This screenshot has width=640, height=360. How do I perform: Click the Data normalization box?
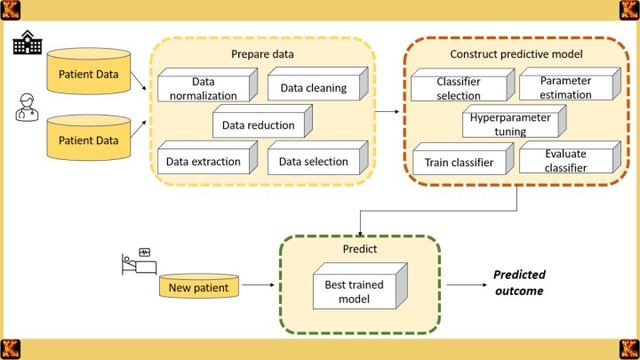coord(203,89)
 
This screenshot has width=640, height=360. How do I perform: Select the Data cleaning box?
coord(308,88)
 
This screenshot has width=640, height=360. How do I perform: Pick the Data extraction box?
coord(203,162)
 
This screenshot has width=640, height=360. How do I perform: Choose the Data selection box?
coord(308,162)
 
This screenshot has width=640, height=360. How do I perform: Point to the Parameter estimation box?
coord(554,88)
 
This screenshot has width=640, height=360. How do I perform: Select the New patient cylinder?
coord(198,286)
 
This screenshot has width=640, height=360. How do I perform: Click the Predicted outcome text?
coord(520,283)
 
